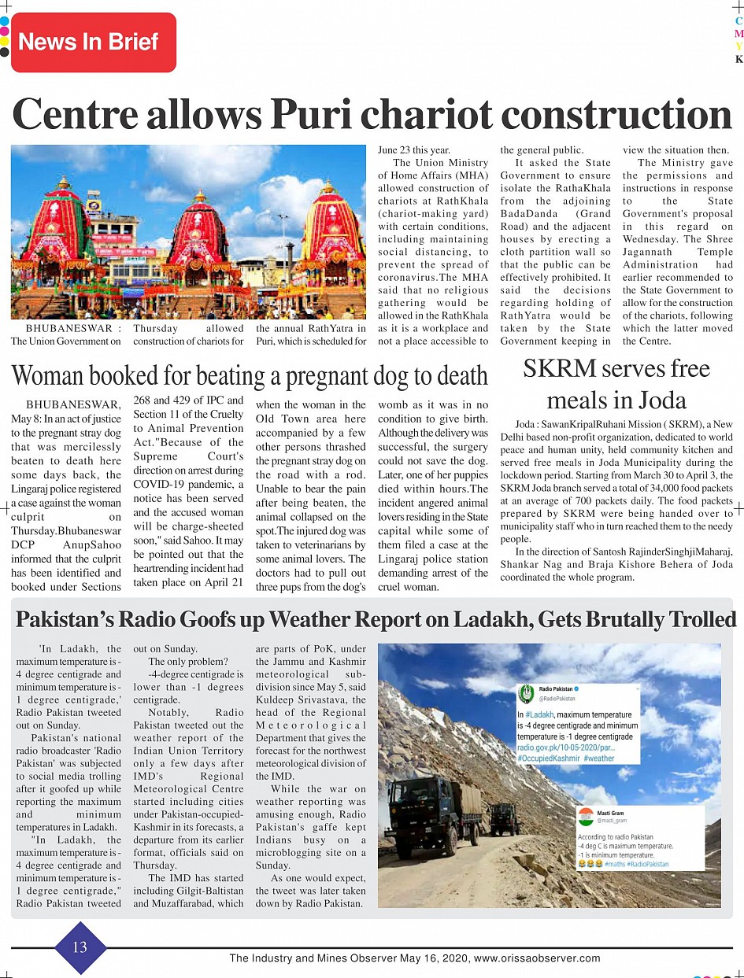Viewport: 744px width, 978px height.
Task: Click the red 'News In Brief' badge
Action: coord(88,42)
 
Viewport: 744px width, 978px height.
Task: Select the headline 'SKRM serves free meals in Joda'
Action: coord(616,384)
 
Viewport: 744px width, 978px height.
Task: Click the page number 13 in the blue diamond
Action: coord(80,947)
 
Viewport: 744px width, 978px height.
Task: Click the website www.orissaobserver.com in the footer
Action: coord(537,958)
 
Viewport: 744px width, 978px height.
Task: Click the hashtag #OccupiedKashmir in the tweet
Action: coord(550,758)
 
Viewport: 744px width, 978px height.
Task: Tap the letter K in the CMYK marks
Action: coord(738,59)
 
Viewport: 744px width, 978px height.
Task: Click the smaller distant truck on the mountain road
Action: coord(504,819)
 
